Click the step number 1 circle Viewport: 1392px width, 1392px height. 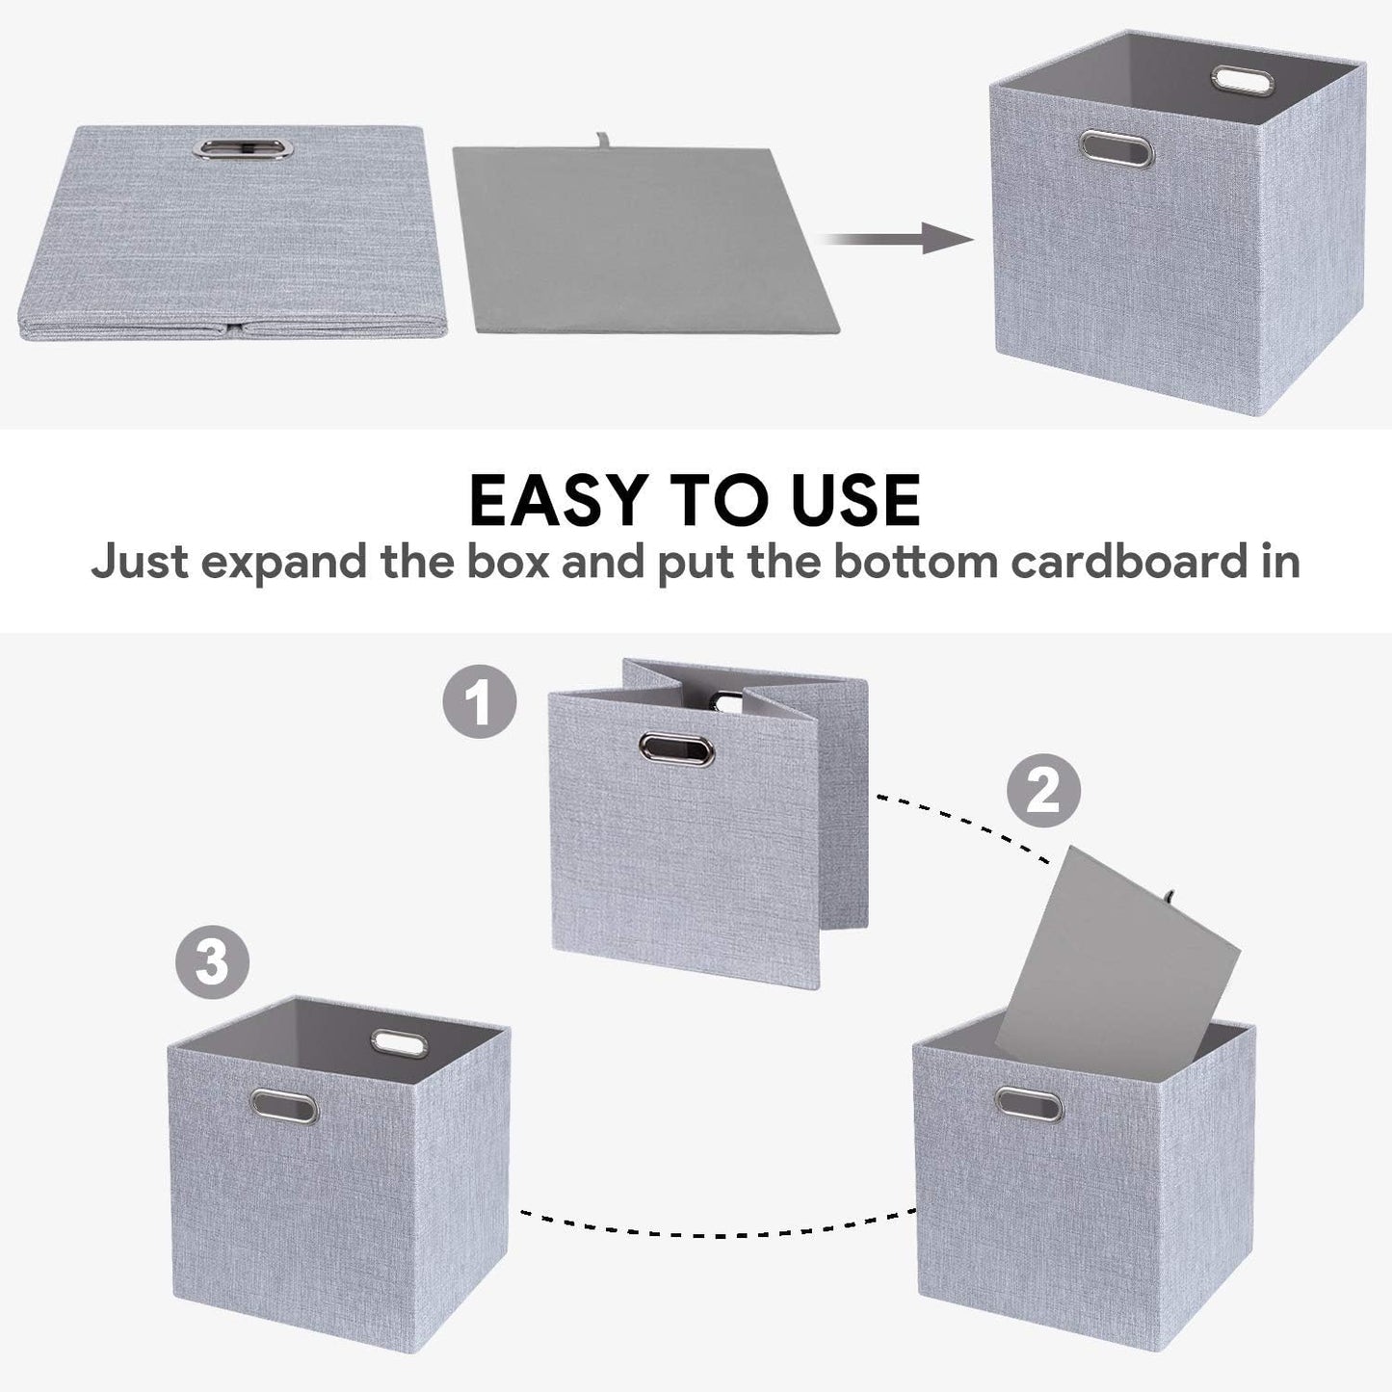point(479,701)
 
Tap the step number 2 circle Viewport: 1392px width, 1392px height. point(1043,792)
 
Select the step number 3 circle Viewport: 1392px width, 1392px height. point(212,961)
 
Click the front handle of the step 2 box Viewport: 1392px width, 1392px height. point(1029,1104)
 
